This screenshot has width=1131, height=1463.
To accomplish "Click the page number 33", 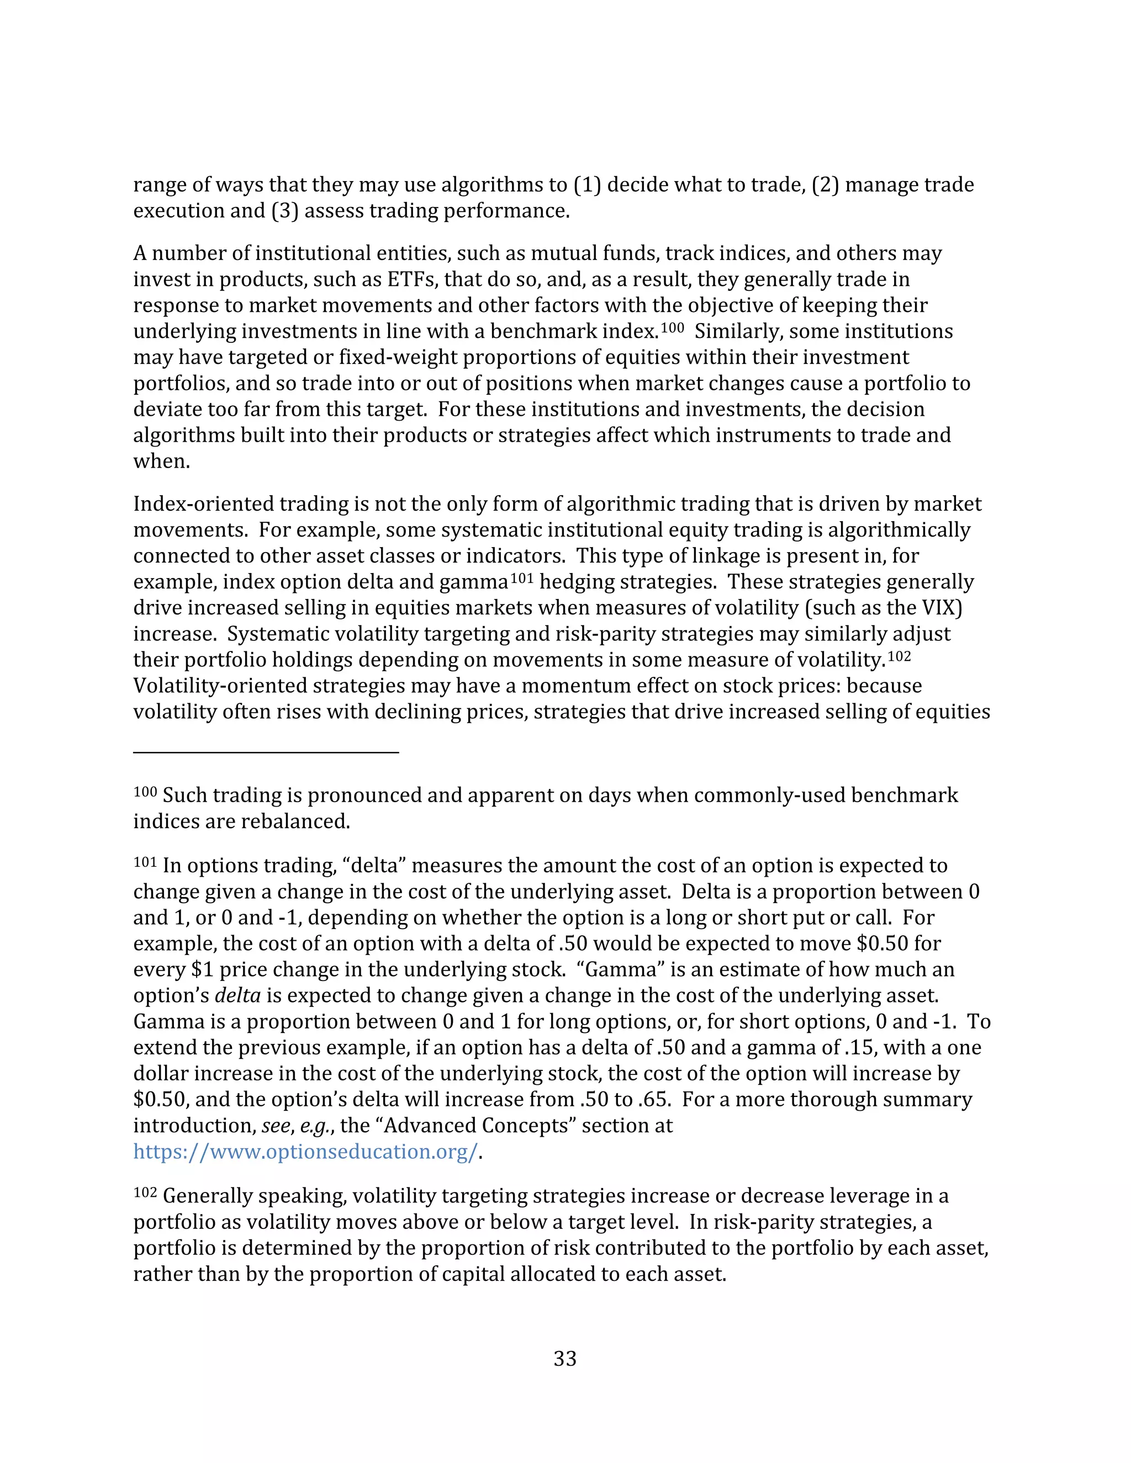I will (565, 1358).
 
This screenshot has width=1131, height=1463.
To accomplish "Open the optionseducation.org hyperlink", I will (305, 1151).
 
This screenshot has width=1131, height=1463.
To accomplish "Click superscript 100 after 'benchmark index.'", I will (672, 327).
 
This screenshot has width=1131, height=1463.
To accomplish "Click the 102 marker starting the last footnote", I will (145, 1192).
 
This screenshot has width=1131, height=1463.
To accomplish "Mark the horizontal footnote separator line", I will (266, 752).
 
